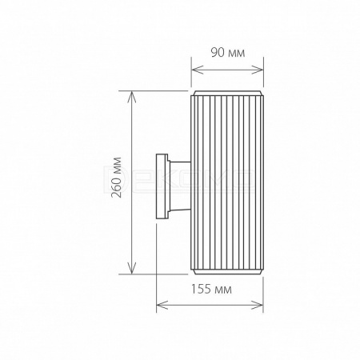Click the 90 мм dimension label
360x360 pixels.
tap(228, 53)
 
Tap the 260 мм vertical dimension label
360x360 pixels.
tap(117, 178)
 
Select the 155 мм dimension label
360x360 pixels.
tap(211, 289)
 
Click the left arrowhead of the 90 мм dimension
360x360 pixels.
tap(198, 70)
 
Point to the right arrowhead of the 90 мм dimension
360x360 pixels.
tap(258, 70)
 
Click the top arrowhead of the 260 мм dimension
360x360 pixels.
tap(132, 97)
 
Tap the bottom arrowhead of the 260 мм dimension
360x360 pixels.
tap(132, 268)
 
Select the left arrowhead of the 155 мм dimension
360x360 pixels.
tap(162, 305)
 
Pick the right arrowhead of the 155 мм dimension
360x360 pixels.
tap(258, 305)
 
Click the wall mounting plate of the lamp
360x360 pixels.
tap(162, 186)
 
